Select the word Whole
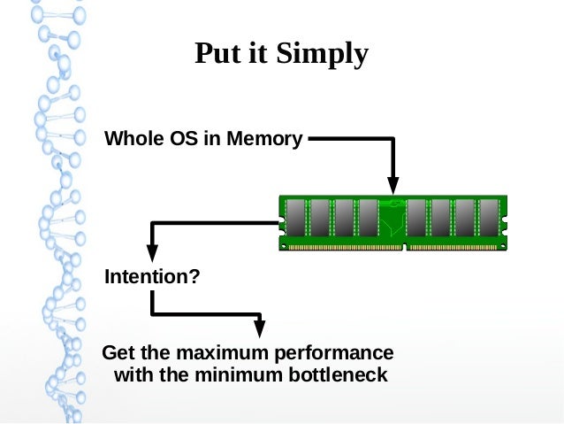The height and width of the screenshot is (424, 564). pyautogui.click(x=131, y=139)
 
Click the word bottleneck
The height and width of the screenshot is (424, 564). pyautogui.click(x=339, y=375)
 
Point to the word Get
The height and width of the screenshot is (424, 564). pyautogui.click(x=118, y=353)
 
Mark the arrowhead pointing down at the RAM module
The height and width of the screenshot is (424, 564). pyautogui.click(x=393, y=185)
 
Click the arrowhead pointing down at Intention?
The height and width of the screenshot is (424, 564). pyautogui.click(x=153, y=251)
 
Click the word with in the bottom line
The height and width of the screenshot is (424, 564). pyautogui.click(x=133, y=375)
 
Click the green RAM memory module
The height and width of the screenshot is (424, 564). pyautogui.click(x=393, y=223)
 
